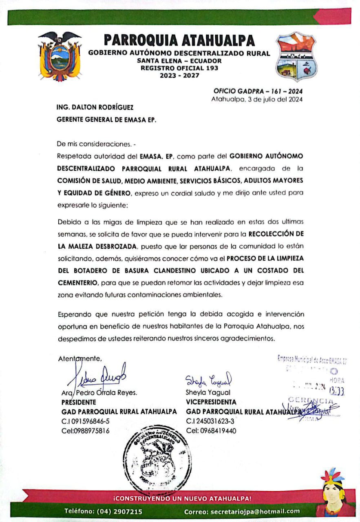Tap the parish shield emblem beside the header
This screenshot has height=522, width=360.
point(296,58)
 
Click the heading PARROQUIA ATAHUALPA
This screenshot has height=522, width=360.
point(179,40)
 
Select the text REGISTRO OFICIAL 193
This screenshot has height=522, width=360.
point(179,68)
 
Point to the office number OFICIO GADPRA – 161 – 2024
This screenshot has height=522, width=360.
point(258,91)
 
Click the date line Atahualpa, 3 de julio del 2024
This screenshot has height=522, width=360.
point(257,99)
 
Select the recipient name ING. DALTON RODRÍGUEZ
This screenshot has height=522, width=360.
point(95,108)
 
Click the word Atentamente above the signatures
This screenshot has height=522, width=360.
point(80,358)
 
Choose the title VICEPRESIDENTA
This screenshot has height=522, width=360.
point(211,402)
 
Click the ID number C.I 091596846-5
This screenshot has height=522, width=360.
point(85,421)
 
